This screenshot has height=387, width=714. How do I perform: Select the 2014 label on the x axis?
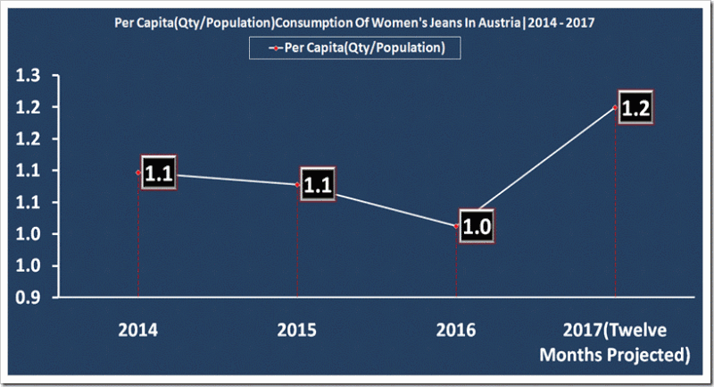coord(138,330)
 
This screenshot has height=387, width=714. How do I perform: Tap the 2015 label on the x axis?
coord(297,330)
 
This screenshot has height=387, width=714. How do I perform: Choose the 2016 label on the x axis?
coord(456,330)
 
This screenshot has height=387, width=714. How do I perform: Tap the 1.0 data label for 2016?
coord(477,226)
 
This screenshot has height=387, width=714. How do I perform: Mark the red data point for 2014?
coord(138,172)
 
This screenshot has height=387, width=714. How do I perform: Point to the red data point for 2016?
coord(456,227)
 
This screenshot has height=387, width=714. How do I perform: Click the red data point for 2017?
coord(616,107)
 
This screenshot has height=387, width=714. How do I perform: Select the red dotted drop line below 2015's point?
coord(297,241)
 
